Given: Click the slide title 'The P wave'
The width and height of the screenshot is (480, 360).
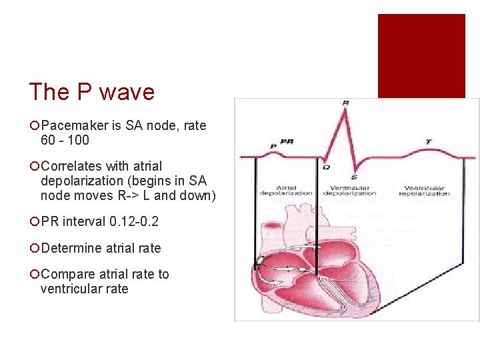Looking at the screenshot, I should point(92,92).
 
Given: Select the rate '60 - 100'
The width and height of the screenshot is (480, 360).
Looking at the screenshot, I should point(65,141).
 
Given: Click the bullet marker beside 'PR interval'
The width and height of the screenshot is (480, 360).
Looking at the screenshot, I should point(34,222).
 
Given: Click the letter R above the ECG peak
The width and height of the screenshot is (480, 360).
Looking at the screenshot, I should point(345,103).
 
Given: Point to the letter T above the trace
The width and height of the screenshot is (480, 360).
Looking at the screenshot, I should point(427,142).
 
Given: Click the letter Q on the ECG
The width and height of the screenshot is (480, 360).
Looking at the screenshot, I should point(326,167).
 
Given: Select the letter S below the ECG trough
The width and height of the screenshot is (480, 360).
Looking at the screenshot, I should point(353,177).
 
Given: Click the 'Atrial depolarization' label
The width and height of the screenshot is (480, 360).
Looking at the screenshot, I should point(285,191).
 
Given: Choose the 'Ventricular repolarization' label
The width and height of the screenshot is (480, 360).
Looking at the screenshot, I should point(424,191).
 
